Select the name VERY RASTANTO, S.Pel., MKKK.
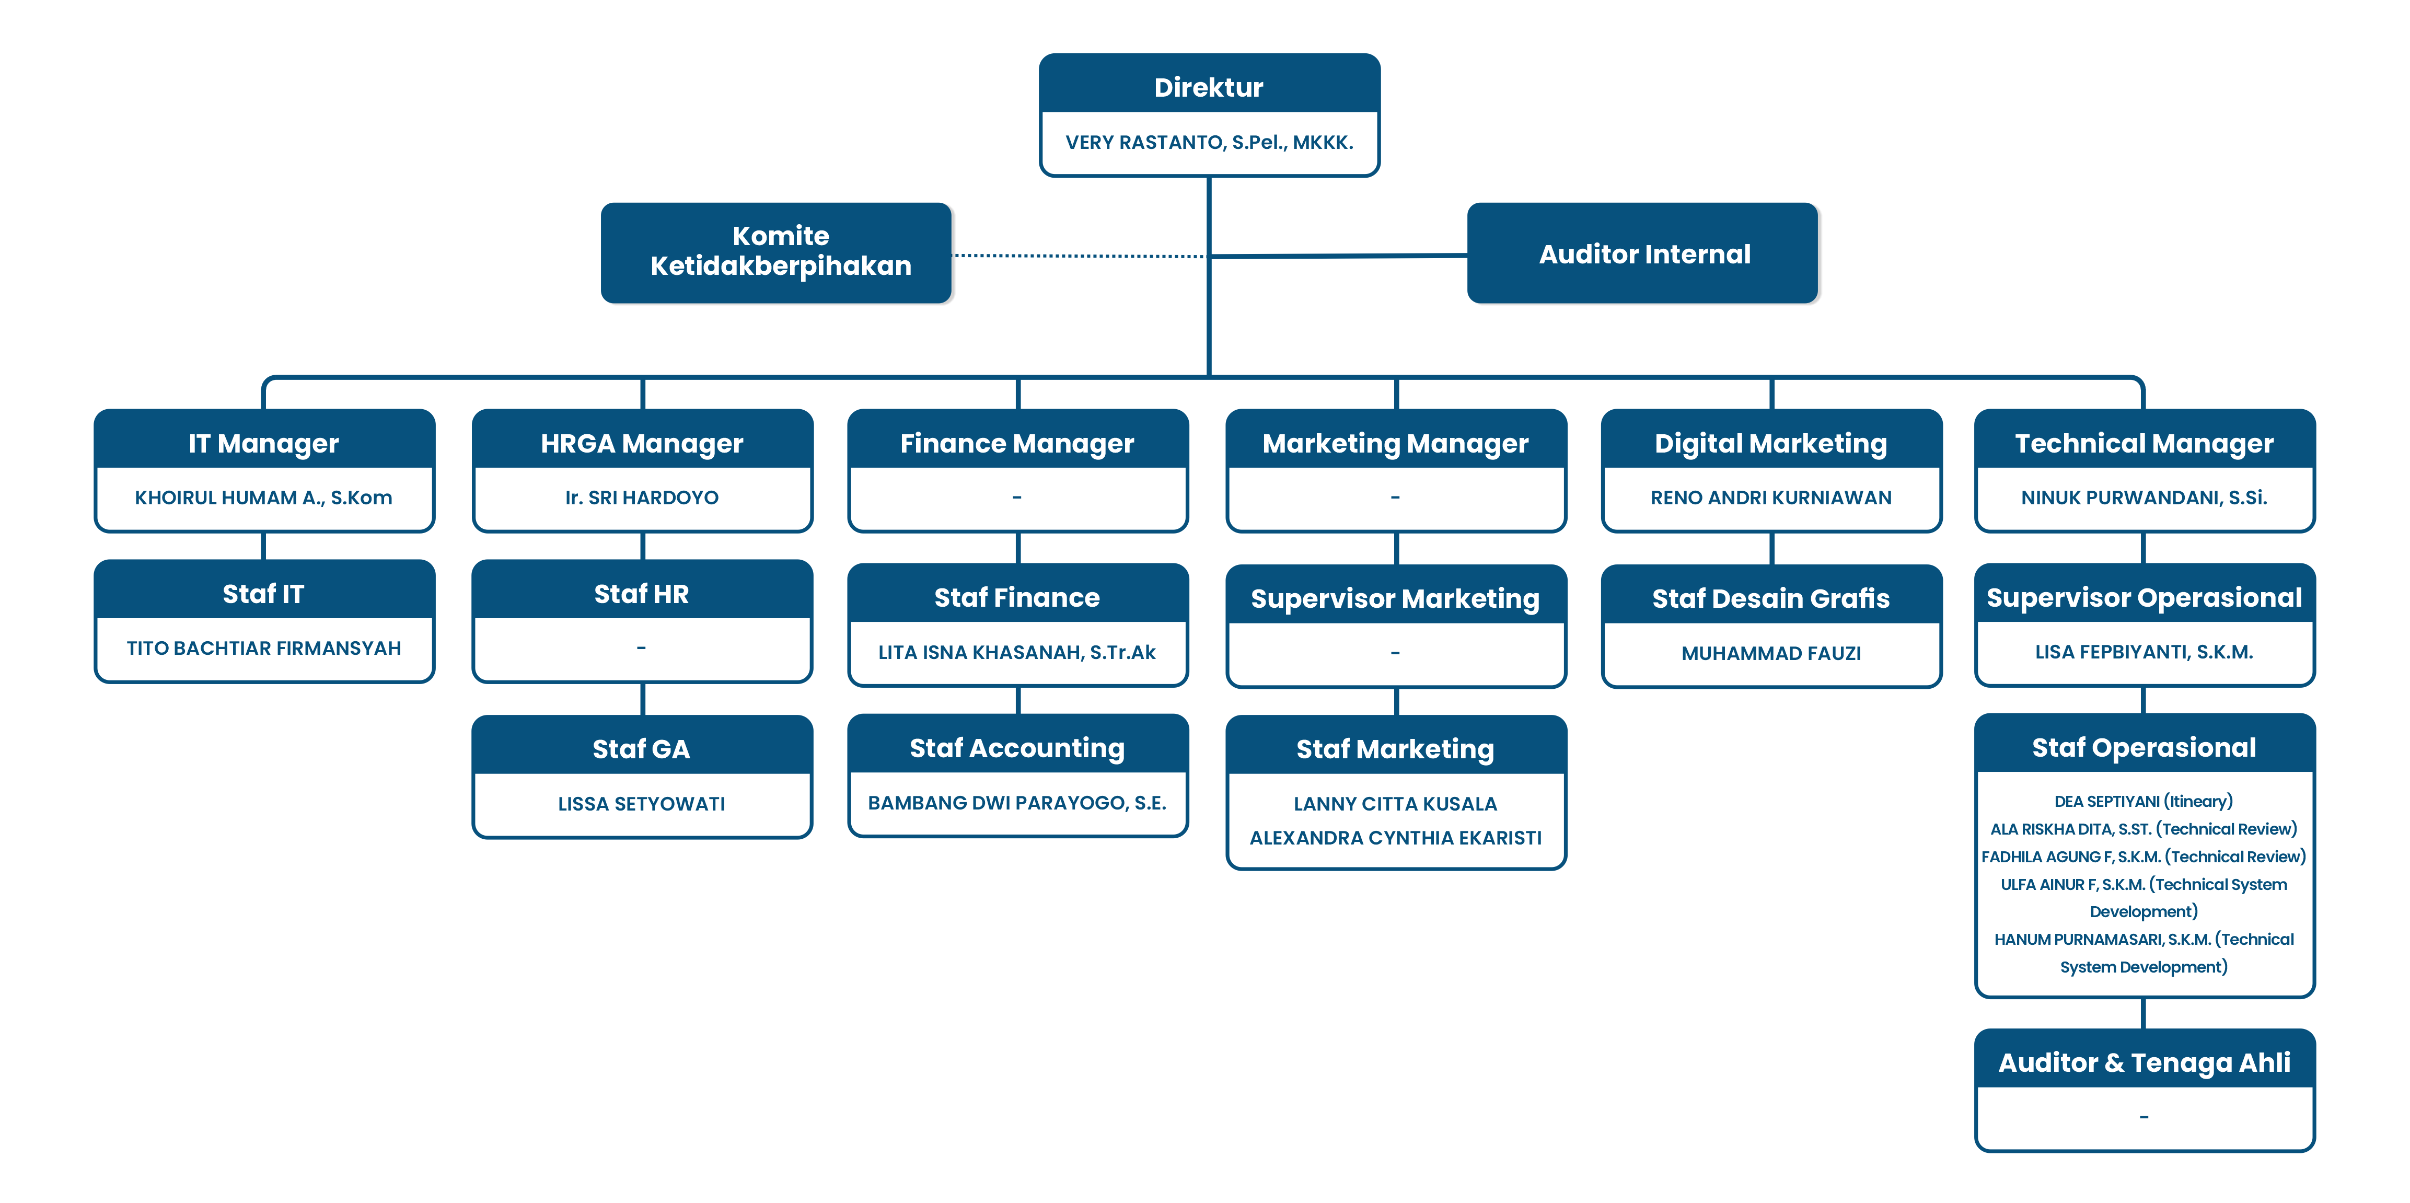pos(1209,142)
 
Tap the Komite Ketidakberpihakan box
pos(779,252)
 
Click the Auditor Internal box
pos(1644,253)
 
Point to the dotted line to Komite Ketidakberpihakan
pos(1081,255)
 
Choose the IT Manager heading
pos(263,443)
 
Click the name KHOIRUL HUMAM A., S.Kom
pos(263,498)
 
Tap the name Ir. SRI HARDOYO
pos(642,498)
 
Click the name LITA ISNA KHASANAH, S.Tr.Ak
pos(1017,652)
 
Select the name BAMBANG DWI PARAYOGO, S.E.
pos(1017,803)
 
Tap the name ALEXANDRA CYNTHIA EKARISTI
pos(1395,837)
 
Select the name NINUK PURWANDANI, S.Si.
pos(2143,498)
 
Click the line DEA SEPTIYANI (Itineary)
pos(2143,801)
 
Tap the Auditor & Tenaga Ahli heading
pos(2143,1062)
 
